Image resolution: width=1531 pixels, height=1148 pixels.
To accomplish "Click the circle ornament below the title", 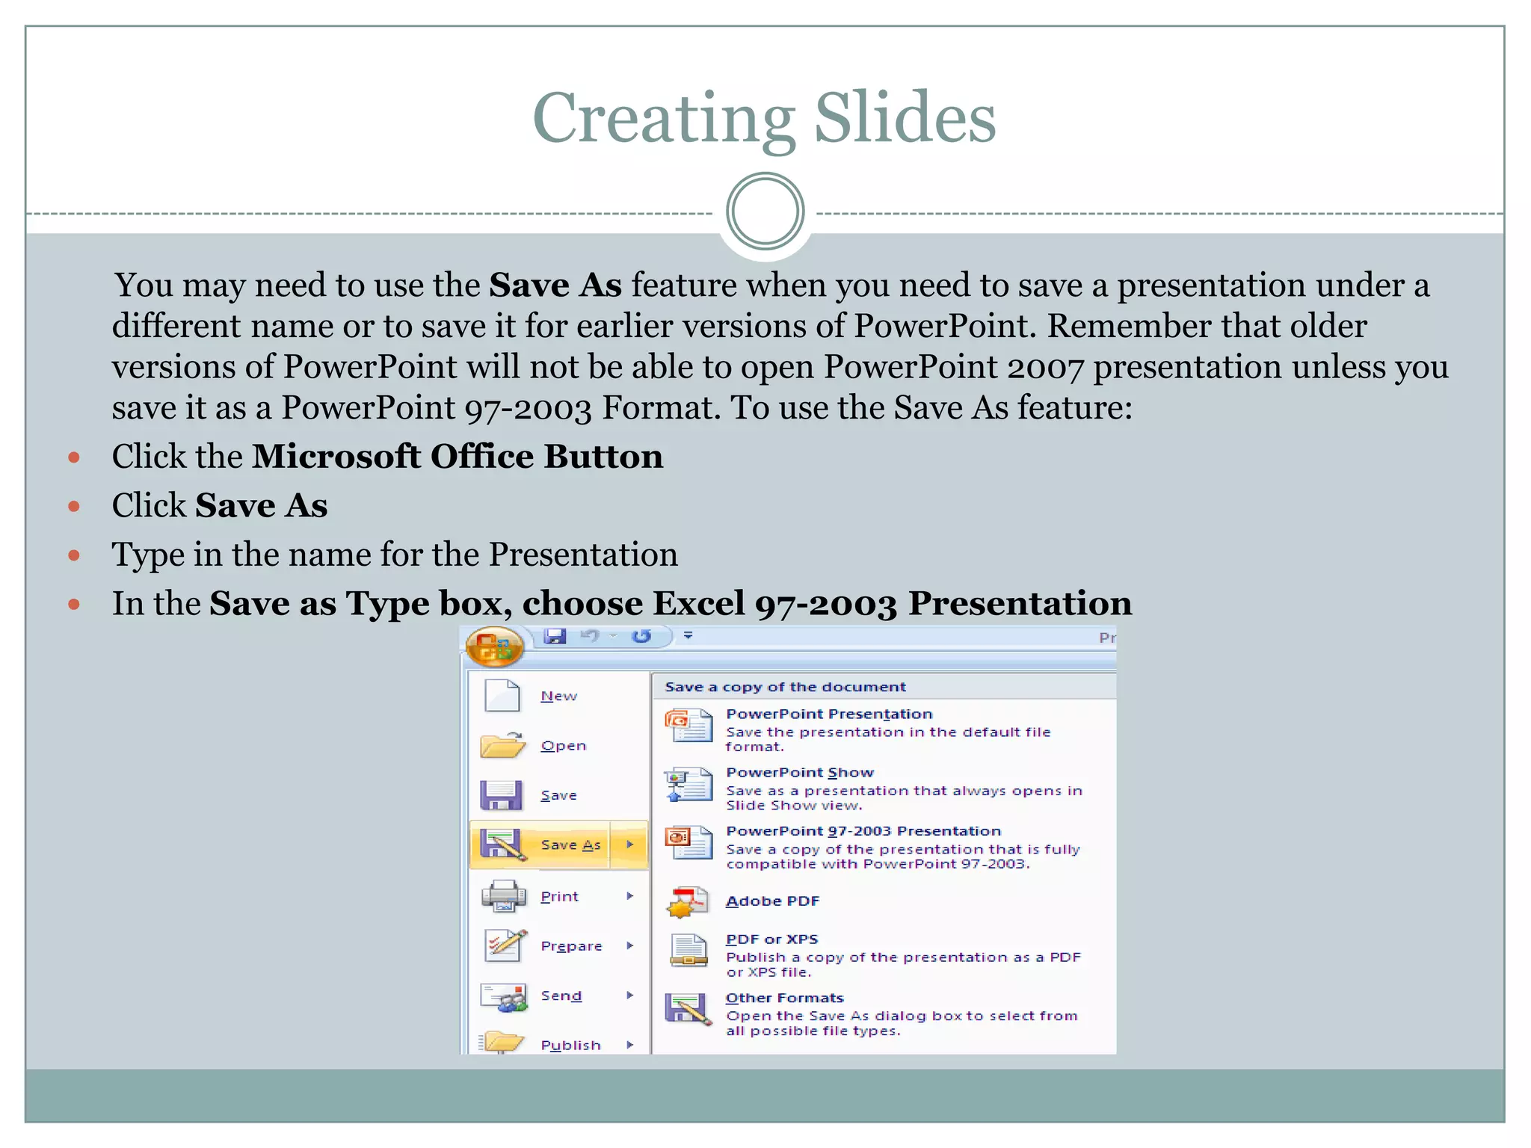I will coord(765,212).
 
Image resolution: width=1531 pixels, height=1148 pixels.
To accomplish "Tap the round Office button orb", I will coord(494,646).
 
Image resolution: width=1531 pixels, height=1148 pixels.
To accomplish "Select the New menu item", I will coord(558,696).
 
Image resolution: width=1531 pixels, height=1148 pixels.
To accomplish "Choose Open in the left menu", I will coord(563,746).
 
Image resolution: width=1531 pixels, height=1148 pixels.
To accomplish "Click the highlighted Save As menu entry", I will coord(570,845).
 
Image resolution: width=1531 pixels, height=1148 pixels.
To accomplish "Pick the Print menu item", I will coord(559,896).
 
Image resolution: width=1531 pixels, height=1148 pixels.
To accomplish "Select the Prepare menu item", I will coord(571,945).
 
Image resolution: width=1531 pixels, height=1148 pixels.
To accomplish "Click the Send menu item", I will coord(561,996).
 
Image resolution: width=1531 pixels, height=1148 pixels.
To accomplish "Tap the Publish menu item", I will coord(570,1045).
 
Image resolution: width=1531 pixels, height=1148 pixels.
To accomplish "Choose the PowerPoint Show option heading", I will coord(800,772).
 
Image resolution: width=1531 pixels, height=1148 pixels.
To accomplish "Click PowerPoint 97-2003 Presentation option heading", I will coord(863,831).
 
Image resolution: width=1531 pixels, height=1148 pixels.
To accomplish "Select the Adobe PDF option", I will coord(772,901).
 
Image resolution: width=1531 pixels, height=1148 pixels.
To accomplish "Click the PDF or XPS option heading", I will coord(771,939).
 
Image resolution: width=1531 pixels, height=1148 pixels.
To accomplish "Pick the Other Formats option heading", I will coord(784,998).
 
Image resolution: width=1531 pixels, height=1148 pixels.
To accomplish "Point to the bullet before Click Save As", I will coord(74,506).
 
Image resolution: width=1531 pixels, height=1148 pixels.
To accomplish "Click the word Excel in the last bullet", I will coord(698,603).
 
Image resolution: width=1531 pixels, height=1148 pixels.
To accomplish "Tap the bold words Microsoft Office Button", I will coord(457,457).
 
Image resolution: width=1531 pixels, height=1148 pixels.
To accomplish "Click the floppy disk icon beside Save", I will coord(500,795).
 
